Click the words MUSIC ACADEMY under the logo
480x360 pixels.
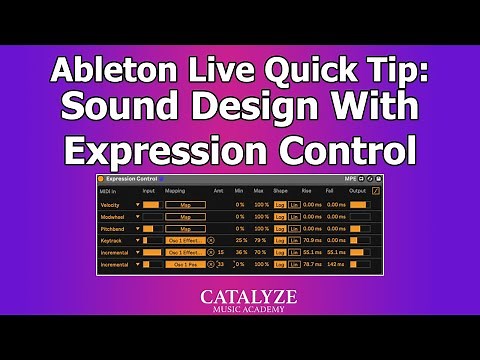point(240,310)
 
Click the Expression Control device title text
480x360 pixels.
point(136,179)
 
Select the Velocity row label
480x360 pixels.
point(110,204)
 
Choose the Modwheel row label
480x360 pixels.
point(112,216)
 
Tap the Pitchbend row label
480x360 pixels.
point(112,228)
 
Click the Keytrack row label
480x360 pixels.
point(111,240)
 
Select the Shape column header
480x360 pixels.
point(280,190)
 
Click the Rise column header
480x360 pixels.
point(307,190)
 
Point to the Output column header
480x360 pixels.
point(358,190)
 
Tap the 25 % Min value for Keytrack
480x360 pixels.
point(240,240)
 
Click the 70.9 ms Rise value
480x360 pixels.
point(310,240)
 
